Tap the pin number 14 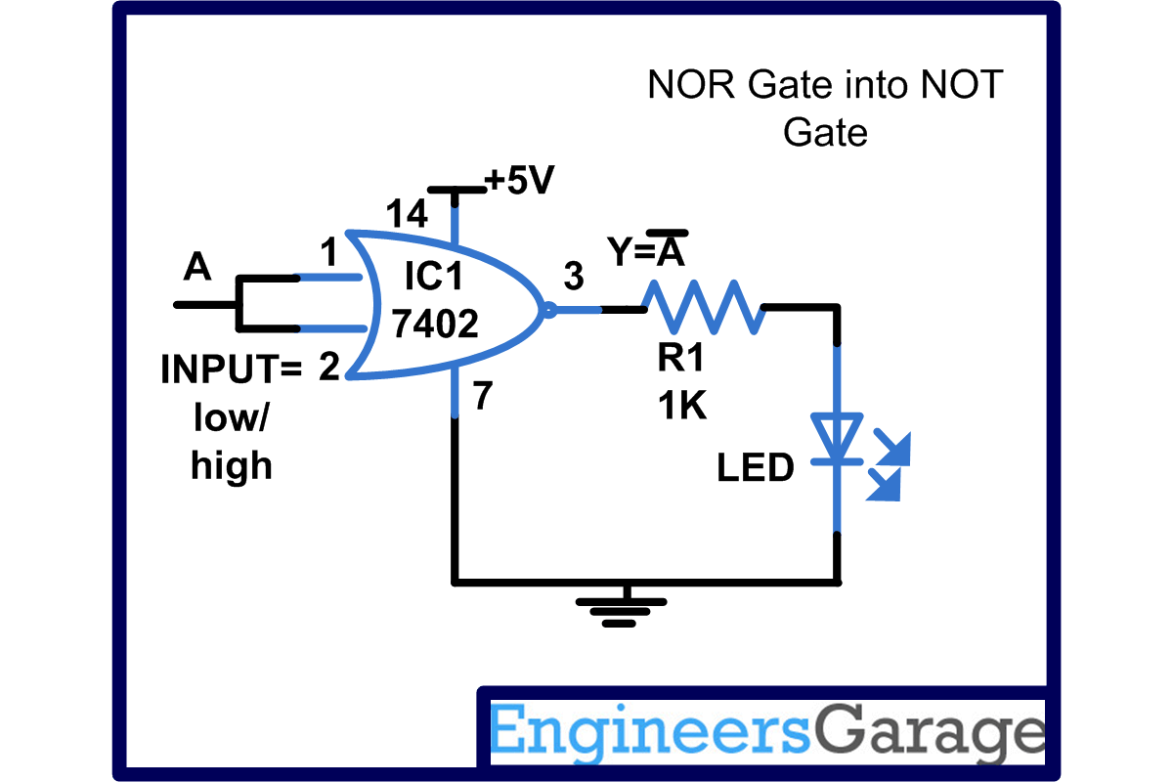point(406,214)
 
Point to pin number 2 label point(329,369)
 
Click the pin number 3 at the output point(574,278)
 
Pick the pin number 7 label point(483,398)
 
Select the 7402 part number point(435,324)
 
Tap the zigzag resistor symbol point(703,307)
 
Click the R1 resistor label point(680,360)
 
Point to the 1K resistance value point(681,405)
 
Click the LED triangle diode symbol point(837,438)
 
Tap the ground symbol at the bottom point(620,610)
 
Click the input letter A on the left point(197,268)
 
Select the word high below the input point(232,466)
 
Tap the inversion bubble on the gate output point(548,311)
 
